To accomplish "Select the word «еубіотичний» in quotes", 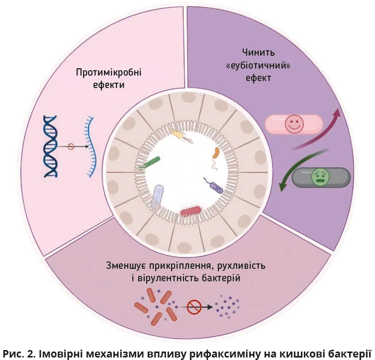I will click(259, 65).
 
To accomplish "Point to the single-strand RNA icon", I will click(90, 146).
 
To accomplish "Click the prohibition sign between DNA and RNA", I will click(71, 146).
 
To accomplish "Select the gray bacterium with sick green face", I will click(321, 177).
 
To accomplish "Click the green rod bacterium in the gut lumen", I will click(150, 163).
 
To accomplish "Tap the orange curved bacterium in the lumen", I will click(215, 153).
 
